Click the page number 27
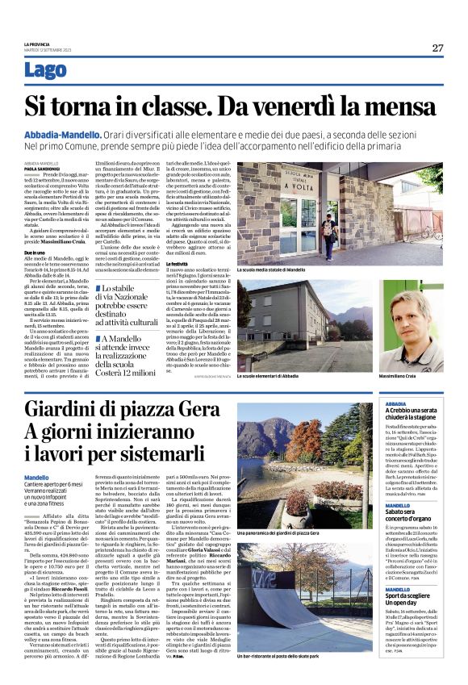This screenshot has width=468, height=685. pyautogui.click(x=437, y=48)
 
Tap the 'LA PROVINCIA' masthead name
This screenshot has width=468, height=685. pyautogui.click(x=37, y=44)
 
